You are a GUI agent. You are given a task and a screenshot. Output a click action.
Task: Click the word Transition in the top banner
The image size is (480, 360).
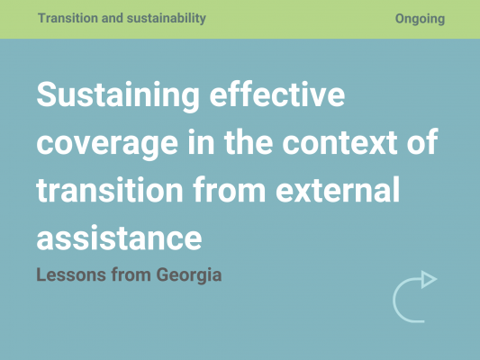tap(68, 18)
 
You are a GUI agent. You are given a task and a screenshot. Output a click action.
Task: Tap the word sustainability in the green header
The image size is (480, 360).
tap(167, 18)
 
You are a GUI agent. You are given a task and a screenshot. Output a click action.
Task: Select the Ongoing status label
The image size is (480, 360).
tap(420, 19)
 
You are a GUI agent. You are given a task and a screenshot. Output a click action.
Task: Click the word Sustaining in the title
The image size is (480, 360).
tap(118, 94)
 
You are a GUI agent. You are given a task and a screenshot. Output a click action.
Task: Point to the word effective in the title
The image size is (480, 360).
tap(277, 94)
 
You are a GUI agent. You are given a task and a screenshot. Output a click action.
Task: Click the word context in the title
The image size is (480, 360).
tap(340, 141)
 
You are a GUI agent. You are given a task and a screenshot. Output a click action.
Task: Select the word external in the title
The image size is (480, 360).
tap(338, 189)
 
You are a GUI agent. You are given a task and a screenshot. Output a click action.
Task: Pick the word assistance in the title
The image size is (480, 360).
tap(119, 238)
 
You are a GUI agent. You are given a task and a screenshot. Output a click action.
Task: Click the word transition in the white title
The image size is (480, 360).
tap(110, 189)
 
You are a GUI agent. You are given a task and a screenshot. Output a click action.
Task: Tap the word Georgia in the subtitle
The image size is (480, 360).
tap(189, 275)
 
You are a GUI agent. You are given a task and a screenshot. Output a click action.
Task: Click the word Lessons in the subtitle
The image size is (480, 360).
tap(71, 274)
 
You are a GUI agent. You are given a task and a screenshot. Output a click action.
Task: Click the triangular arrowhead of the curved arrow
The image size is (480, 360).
tap(428, 279)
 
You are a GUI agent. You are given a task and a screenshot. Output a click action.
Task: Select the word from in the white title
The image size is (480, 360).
tap(230, 189)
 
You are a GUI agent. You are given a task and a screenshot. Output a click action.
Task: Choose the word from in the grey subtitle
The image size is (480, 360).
tap(131, 274)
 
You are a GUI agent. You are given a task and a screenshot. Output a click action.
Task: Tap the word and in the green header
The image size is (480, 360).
tap(112, 18)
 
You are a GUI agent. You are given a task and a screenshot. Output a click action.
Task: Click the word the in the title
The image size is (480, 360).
tap(249, 141)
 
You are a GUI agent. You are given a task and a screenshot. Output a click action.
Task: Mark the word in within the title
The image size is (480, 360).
tap(201, 141)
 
